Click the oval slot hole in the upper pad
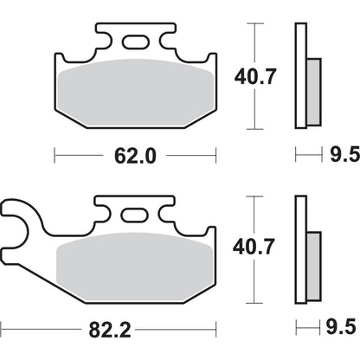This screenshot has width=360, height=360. (135, 42)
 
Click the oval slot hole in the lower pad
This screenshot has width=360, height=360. (135, 216)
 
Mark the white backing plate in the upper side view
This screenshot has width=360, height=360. (301, 52)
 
